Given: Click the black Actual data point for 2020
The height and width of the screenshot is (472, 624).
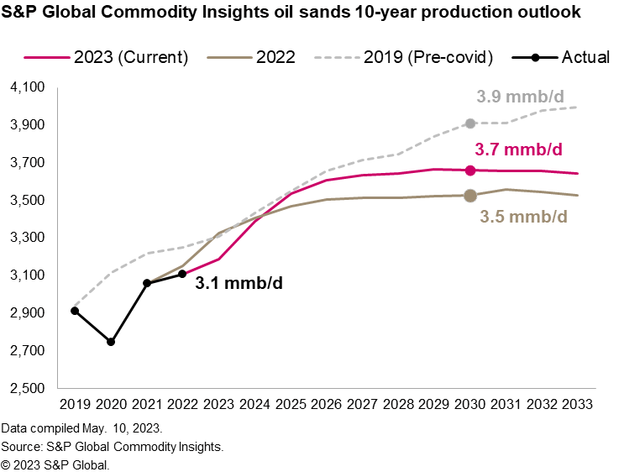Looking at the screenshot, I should click(111, 342).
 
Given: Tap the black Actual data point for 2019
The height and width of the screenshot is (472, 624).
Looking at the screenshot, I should click(75, 311).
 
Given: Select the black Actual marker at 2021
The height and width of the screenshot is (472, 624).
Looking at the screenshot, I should click(147, 283).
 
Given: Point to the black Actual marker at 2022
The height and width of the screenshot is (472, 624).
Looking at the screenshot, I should click(182, 274).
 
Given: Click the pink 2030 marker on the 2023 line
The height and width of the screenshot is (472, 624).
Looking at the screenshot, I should click(470, 170).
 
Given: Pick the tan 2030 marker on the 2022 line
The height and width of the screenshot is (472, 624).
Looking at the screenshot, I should click(470, 196).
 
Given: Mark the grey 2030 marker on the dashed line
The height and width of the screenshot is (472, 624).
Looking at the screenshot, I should click(470, 123).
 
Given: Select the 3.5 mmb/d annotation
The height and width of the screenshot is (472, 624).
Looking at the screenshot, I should click(523, 217).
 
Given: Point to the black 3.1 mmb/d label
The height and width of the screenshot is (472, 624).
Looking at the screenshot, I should click(239, 283).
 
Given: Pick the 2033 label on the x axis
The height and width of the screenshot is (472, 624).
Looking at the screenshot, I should click(575, 403).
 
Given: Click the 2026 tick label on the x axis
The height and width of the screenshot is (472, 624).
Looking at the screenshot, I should click(325, 403).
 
